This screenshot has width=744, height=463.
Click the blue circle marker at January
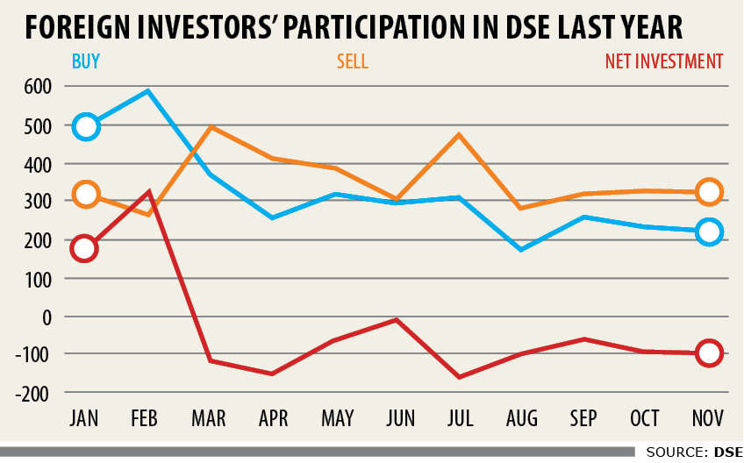85,126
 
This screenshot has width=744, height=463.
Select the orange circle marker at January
85,195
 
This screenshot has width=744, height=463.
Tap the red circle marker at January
85,248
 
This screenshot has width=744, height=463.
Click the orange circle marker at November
709,192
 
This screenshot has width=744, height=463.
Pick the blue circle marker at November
709,232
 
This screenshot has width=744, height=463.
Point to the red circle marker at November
709,353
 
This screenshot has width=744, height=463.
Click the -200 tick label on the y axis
32,393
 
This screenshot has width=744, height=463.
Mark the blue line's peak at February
148,91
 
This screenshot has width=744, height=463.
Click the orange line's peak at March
211,127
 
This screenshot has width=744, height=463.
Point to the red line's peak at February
149,192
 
